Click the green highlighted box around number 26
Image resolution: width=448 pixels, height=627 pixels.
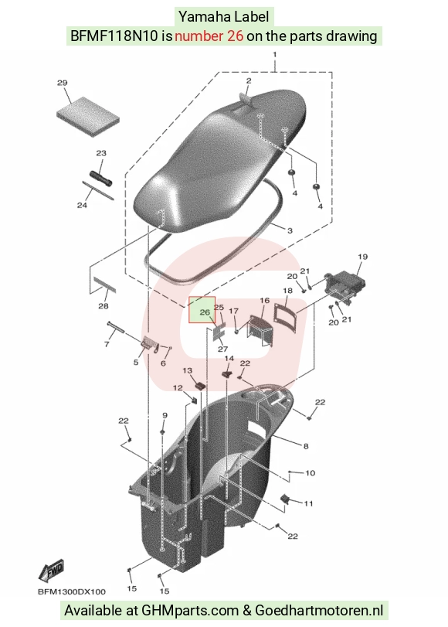point(202,309)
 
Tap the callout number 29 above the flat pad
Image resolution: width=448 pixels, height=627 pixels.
point(62,83)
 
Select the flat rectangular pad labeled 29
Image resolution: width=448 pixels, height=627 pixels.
point(88,117)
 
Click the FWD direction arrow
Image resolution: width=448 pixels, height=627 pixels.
point(51,571)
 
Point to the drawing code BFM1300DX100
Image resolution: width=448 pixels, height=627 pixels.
point(72,591)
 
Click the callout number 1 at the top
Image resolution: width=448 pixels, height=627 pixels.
point(274,54)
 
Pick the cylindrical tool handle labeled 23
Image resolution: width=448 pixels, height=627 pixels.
point(100,179)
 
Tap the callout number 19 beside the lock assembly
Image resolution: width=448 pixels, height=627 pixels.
point(362,257)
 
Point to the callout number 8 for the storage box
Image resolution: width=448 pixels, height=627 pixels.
point(306,446)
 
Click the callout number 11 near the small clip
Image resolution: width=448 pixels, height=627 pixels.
point(308,503)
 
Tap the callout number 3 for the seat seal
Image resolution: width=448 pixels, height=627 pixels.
point(290,230)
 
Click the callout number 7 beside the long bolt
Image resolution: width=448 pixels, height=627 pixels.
point(107,343)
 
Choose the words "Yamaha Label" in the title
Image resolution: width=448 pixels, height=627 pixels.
point(223,17)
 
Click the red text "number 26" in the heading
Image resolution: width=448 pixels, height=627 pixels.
point(209,36)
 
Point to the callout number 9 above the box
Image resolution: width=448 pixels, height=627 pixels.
point(165,416)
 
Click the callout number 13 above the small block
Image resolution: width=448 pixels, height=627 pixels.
point(187,370)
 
